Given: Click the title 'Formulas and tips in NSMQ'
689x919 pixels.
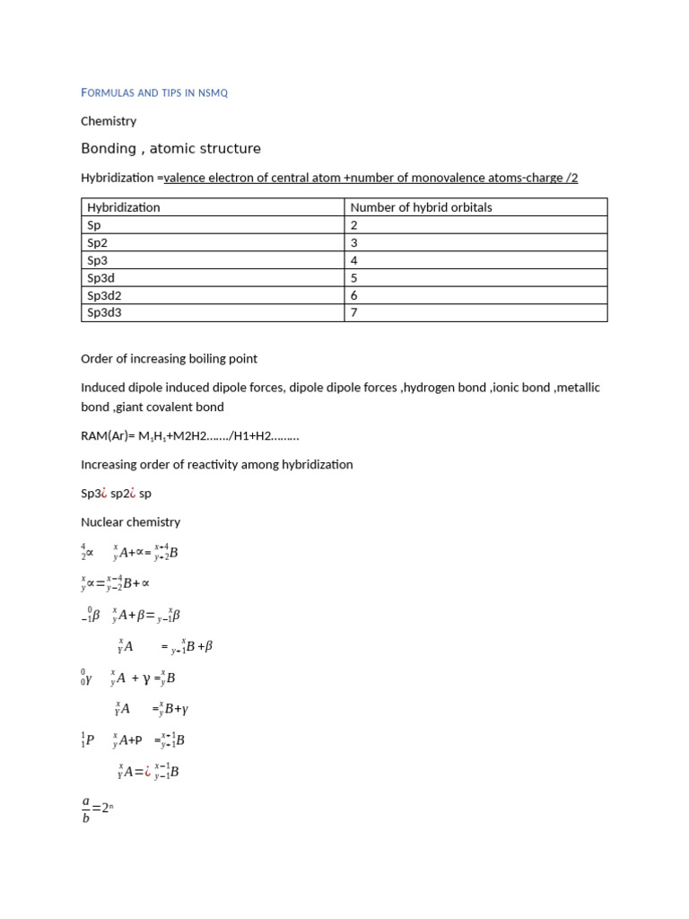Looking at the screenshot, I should (154, 92).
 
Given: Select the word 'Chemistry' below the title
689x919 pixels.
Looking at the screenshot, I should (109, 120).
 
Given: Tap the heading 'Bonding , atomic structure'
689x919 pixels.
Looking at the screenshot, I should (170, 148).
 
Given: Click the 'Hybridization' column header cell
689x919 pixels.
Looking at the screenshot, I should (124, 207).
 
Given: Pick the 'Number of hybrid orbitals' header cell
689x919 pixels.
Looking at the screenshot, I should (421, 207).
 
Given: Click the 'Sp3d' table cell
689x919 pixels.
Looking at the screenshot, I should (101, 277).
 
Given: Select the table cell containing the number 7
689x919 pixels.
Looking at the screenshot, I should (354, 312).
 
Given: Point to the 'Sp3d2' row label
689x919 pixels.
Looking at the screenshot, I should (105, 295).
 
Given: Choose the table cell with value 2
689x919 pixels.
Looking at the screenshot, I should (354, 225).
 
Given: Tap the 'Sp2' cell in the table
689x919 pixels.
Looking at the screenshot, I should (97, 242).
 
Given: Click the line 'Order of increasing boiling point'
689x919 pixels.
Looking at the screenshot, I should (169, 358).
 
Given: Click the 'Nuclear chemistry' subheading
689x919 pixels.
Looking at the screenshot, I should (130, 521).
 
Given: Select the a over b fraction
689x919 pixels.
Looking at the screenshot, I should (86, 808).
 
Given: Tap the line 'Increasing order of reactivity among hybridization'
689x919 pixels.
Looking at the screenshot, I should (217, 464).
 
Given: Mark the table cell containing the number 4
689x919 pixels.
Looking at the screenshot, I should (354, 260).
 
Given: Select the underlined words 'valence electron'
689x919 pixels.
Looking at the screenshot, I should (211, 178).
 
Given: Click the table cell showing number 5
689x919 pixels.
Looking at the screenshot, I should (354, 277).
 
